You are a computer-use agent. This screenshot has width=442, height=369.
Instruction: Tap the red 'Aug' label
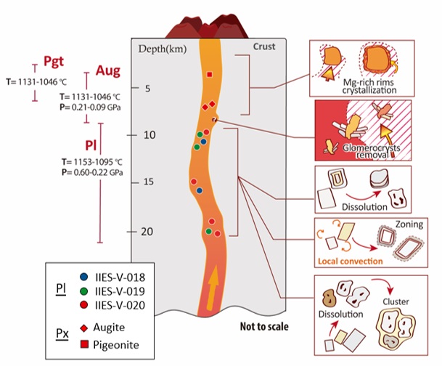(x=105, y=72)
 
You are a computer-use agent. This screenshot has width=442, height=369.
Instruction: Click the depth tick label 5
(x=146, y=89)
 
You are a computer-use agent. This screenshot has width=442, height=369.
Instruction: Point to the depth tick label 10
(x=144, y=135)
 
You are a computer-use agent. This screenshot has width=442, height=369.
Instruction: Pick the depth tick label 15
(x=144, y=182)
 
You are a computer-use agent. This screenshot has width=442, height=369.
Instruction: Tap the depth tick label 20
(x=144, y=232)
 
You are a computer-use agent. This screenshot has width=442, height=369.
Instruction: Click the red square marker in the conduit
(x=209, y=74)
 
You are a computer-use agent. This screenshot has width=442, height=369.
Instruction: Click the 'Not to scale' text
(x=264, y=326)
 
